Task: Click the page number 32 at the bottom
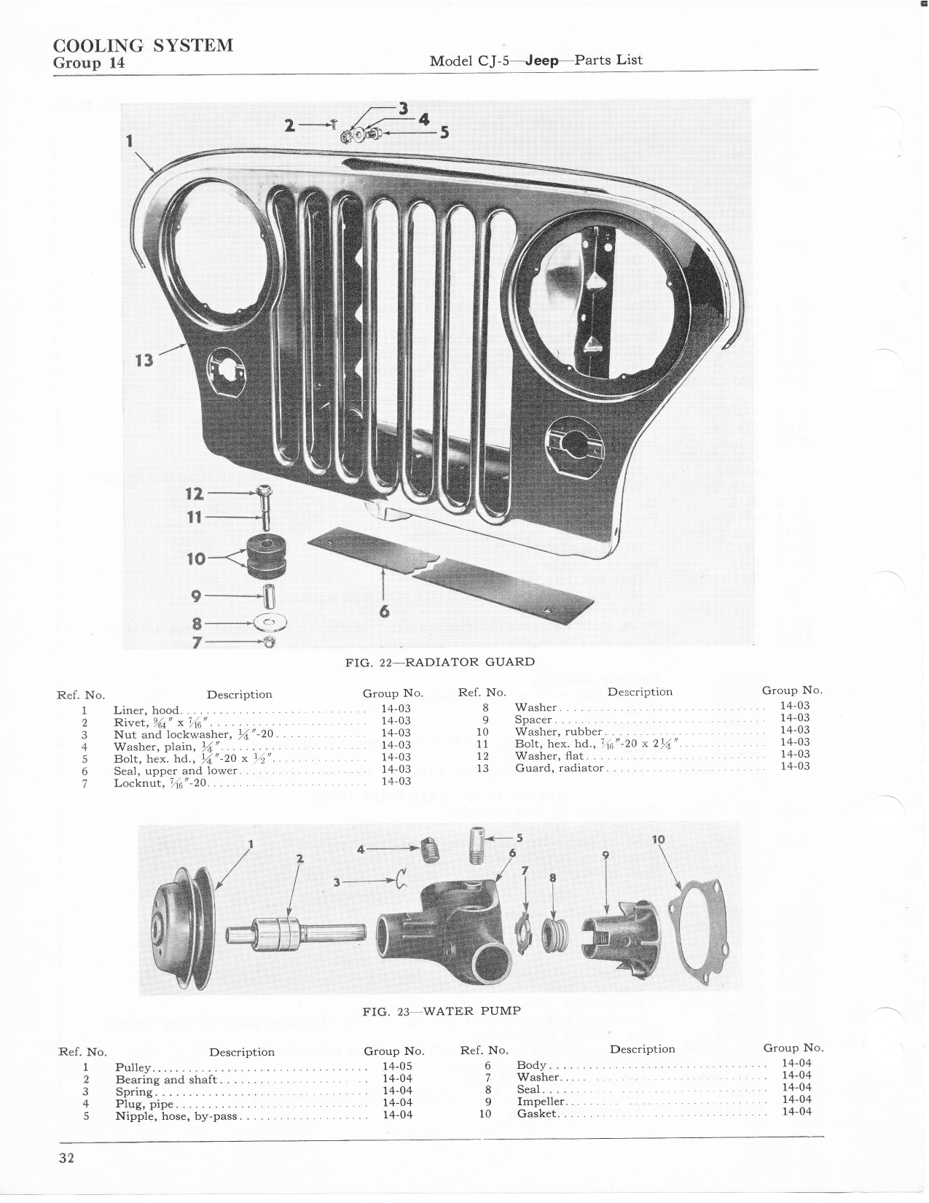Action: [x=66, y=1156]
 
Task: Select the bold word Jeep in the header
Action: [x=541, y=61]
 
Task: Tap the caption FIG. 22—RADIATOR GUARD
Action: [x=440, y=661]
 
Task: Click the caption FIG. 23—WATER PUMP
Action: [x=442, y=1011]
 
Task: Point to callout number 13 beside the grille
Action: [x=144, y=360]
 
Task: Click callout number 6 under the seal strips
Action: [x=384, y=611]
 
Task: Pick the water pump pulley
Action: [x=184, y=931]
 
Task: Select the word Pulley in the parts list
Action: [x=133, y=1067]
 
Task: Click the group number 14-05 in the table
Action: [x=397, y=1066]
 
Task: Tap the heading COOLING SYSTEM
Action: [x=143, y=45]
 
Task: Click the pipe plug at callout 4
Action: [x=429, y=851]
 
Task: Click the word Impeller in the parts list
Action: [x=540, y=1102]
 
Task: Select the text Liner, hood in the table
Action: [x=146, y=710]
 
